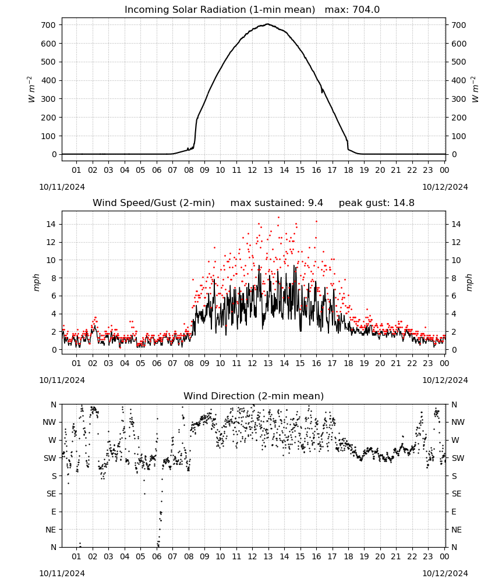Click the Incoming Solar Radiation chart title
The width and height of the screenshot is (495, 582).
point(220,10)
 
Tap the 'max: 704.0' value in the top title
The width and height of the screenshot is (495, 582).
point(352,10)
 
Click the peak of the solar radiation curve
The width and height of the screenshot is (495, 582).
point(268,24)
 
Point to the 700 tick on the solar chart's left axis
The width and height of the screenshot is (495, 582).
point(48,25)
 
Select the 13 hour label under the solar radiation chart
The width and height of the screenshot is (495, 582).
point(268,170)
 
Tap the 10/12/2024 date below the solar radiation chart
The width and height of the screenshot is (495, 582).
point(445,187)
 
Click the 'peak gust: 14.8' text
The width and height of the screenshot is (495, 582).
point(377,203)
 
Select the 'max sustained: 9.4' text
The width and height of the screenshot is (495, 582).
point(277,203)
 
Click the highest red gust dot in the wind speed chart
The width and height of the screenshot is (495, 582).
point(278,218)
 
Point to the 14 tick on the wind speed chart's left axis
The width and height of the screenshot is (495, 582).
point(51,224)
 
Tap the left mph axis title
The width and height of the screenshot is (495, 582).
point(36,282)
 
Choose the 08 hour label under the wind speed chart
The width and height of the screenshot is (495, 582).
point(189,363)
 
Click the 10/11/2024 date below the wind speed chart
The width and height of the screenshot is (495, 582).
point(62,380)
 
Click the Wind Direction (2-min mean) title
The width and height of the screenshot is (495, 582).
point(254,396)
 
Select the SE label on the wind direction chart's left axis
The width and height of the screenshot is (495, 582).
point(51,494)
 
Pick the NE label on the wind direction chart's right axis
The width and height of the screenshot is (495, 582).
point(457,530)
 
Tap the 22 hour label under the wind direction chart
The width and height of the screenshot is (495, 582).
point(412,556)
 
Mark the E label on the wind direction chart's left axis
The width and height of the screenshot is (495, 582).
point(54,512)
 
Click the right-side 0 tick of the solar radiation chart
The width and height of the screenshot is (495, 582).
point(454,154)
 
